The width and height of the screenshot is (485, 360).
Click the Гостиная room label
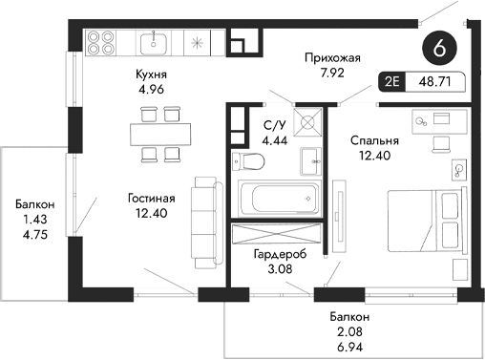(x=153, y=198)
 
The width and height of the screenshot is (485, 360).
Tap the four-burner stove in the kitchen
(x=101, y=43)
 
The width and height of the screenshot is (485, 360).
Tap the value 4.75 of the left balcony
(x=34, y=234)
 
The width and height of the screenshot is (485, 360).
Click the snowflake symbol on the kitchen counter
(x=198, y=43)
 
